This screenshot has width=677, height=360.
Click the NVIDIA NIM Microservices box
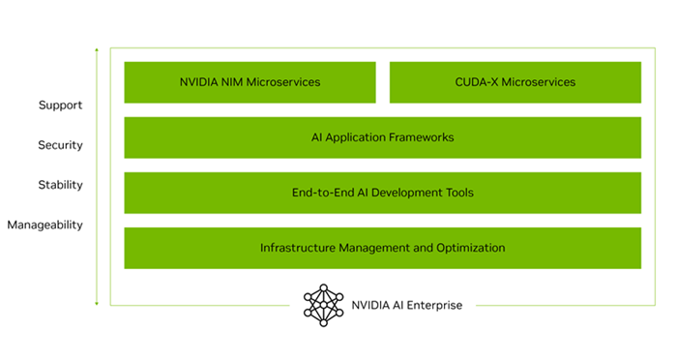click(x=250, y=82)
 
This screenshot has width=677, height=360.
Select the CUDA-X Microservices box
click(x=515, y=82)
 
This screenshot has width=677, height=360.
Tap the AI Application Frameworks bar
click(x=382, y=137)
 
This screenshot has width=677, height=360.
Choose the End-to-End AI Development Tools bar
click(x=382, y=193)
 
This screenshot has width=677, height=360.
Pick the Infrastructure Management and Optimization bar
click(x=382, y=248)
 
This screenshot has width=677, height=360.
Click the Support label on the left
click(x=60, y=105)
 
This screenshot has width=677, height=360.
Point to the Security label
click(x=60, y=145)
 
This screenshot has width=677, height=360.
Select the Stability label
click(x=60, y=185)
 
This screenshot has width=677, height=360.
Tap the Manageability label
click(x=45, y=225)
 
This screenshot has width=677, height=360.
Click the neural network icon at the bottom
click(x=323, y=305)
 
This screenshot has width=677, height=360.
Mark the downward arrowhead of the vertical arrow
click(x=97, y=303)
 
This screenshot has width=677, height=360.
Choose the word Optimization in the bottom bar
click(x=471, y=248)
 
